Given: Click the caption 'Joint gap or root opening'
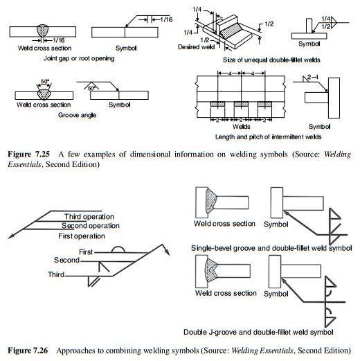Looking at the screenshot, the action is pos(79,58).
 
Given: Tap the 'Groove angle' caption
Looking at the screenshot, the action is pos(77,115).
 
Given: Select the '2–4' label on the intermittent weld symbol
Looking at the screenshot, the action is pos(313,77).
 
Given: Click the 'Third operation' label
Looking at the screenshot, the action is pos(89,217).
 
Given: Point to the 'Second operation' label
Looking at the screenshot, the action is pos(91,226).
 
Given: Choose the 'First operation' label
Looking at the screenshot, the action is pos(82,236).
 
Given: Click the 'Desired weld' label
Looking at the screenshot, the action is pos(196,47).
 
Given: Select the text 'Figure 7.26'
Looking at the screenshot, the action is pos(28,351).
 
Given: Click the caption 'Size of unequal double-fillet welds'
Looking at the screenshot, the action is pos(271,60).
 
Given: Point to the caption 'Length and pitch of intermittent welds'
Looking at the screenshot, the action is pos(268,137).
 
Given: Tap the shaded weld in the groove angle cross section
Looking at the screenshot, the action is pos(44,94).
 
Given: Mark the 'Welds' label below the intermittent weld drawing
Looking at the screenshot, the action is pos(241,127).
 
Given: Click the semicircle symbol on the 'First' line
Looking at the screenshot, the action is pos(118,249).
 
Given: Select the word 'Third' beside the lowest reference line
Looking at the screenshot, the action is pos(56,274).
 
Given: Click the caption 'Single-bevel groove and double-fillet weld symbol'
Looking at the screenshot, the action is pos(271,248).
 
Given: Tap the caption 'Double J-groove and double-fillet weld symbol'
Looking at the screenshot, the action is pos(258,332).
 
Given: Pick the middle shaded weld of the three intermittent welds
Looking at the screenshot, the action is pos(241,104).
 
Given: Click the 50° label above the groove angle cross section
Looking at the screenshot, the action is pos(45,82).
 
